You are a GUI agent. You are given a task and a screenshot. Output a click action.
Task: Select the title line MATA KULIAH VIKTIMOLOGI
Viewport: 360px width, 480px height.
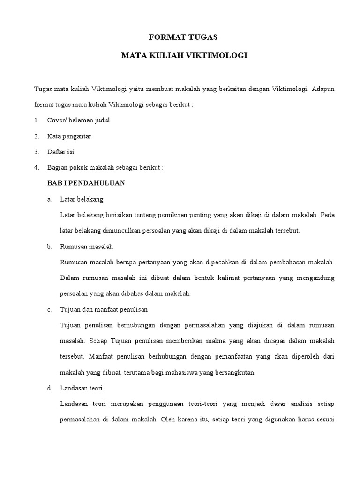click(x=184, y=56)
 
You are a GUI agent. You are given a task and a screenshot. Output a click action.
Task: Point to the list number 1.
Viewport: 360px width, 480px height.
click(x=36, y=120)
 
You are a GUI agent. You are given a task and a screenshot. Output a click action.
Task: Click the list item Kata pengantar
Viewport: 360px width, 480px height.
click(x=69, y=136)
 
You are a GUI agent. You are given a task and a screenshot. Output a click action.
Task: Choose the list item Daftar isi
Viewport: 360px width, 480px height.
click(x=60, y=152)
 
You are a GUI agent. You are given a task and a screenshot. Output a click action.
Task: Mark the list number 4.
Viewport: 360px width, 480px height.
click(x=36, y=167)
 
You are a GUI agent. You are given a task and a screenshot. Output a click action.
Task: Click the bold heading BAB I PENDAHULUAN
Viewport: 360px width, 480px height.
click(x=86, y=183)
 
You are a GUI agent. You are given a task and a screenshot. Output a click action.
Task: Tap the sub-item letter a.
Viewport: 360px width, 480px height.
click(x=49, y=199)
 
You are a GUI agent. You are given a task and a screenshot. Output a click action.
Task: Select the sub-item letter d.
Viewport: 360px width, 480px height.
click(x=49, y=388)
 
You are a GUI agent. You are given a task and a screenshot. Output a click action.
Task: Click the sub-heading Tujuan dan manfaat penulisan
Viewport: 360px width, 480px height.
click(x=104, y=309)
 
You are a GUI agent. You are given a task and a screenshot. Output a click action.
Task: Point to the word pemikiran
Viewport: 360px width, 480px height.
click(x=176, y=215)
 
